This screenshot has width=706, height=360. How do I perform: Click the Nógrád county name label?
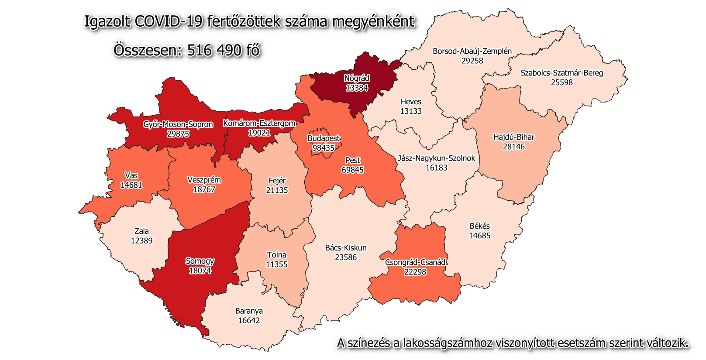[x=357, y=79]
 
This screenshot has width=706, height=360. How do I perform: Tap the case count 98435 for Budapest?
[x=324, y=148]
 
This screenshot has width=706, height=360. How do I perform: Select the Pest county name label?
[x=353, y=160]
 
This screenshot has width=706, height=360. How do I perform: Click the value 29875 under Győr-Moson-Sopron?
[x=178, y=134]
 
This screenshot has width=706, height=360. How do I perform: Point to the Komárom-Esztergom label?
[x=259, y=123]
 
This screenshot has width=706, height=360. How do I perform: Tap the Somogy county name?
[x=200, y=261]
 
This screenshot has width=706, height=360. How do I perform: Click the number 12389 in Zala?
[x=142, y=241]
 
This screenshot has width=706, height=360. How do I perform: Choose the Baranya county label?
[x=249, y=311]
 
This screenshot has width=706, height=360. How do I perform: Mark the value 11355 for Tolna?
[x=277, y=264]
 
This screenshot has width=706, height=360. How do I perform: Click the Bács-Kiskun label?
[x=346, y=248]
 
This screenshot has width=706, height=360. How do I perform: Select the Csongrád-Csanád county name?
[x=415, y=262]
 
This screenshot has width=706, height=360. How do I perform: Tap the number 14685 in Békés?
[x=480, y=236]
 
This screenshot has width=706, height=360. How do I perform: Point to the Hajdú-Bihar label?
[x=514, y=137]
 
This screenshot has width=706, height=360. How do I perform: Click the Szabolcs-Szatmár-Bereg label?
[x=561, y=73]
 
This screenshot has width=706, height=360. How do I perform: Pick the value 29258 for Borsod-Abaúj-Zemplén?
[x=472, y=61]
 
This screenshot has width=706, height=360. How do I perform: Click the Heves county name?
[x=411, y=102]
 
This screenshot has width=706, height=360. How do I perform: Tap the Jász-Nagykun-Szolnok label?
[x=436, y=158]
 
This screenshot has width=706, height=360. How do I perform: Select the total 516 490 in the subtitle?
[x=214, y=50]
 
